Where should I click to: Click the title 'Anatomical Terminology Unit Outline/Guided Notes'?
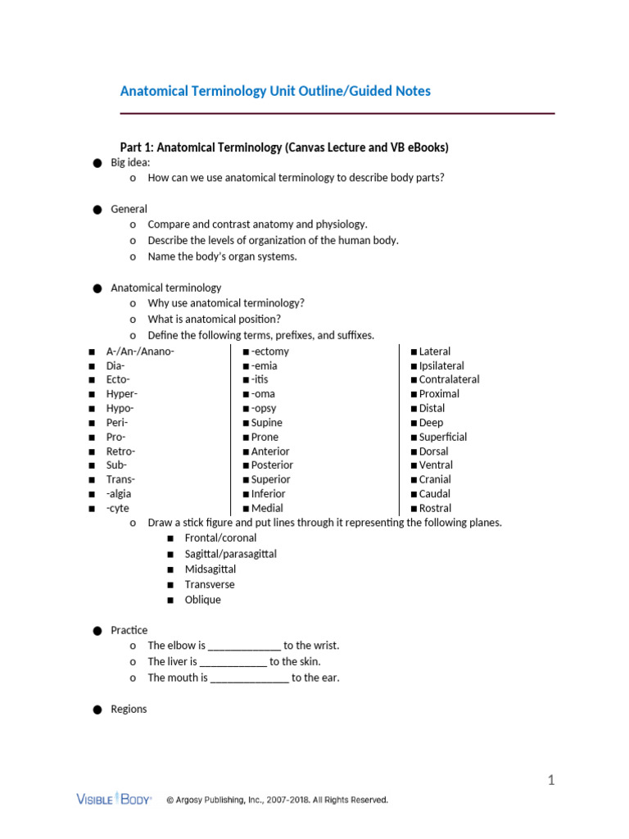coord(275,91)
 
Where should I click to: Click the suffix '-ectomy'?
coord(269,351)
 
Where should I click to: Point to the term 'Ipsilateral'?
coord(441,365)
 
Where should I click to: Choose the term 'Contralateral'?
coord(449,379)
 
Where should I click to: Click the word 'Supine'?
coord(266,423)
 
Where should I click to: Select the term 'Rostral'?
coord(435,508)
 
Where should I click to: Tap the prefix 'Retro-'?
coord(121,451)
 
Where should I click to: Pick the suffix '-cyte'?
coord(118,508)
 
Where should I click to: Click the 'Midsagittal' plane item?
coord(210,569)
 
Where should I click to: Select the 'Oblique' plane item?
coord(203,600)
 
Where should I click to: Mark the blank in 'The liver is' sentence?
coord(233,662)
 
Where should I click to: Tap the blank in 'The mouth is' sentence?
coord(250,678)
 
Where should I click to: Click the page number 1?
coord(551,780)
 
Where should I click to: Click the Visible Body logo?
coord(114,799)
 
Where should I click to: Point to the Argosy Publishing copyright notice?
coord(277,800)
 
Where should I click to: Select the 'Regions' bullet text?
coord(129,709)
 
